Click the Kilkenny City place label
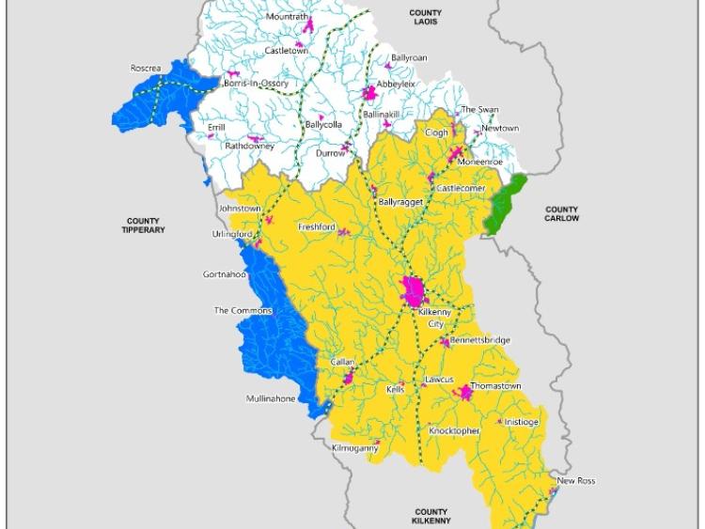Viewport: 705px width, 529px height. (434, 318)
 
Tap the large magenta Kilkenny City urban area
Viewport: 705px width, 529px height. (413, 291)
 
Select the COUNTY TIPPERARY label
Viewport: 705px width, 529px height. (143, 226)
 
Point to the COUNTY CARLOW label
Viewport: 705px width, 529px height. (561, 214)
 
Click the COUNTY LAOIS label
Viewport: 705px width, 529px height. (425, 17)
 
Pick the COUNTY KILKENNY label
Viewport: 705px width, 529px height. (431, 516)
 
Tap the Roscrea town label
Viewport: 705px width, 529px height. (146, 69)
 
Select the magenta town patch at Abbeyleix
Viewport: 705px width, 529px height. (369, 94)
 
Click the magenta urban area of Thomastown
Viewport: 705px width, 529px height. (463, 393)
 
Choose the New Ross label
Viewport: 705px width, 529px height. (575, 481)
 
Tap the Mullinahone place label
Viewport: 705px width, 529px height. (270, 398)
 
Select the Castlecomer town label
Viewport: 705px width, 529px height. (460, 189)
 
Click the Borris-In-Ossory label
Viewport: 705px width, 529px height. (256, 84)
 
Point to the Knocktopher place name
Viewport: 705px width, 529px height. (454, 430)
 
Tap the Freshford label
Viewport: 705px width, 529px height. (316, 227)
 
